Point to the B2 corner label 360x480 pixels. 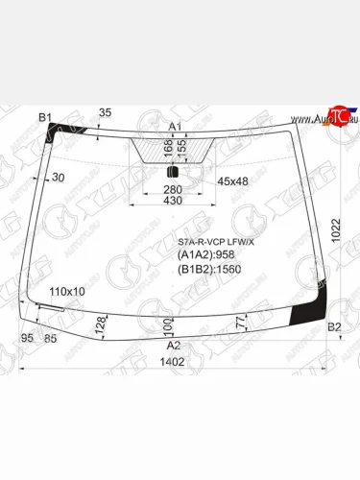coord(334,328)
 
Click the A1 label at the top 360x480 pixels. coord(176,127)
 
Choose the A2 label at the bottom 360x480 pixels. coord(174,345)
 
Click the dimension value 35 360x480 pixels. coord(106,113)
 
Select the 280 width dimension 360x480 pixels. coord(173,190)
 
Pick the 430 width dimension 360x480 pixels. coord(173,201)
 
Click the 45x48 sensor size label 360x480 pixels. coord(231,180)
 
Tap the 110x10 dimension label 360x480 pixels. coord(67,291)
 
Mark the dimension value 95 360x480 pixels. coord(27,337)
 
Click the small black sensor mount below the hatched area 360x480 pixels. coord(174,172)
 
